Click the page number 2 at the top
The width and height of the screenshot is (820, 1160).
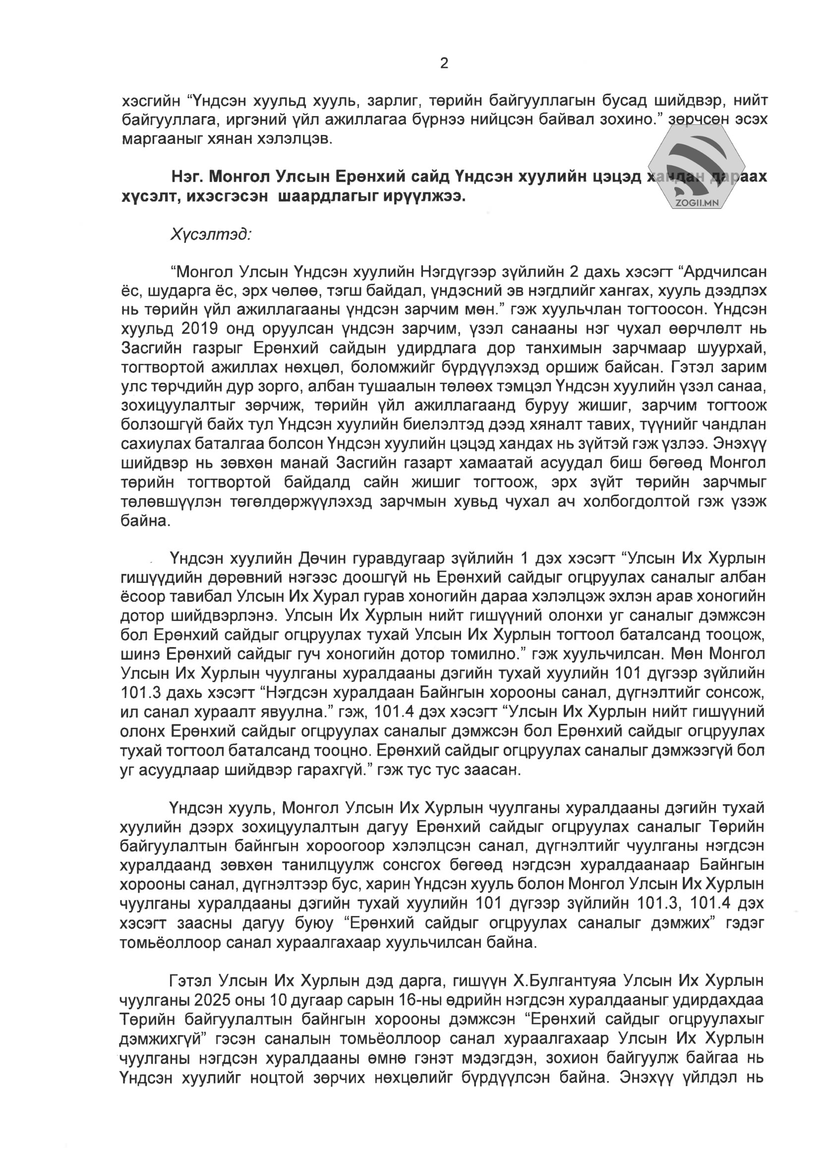[444, 63]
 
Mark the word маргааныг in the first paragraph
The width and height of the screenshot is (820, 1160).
[162, 139]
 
